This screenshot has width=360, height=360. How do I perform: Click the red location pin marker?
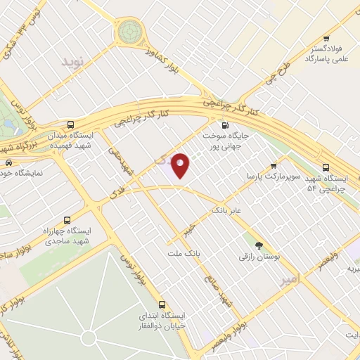[x=181, y=165]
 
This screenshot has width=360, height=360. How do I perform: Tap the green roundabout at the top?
[x=129, y=32]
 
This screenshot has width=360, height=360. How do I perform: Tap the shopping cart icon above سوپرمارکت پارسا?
[x=274, y=165]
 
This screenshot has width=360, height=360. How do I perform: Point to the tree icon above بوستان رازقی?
[x=259, y=245]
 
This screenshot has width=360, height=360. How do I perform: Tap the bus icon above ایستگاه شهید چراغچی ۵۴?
[x=326, y=167]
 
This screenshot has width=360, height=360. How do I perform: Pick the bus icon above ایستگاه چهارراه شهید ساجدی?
[x=67, y=220]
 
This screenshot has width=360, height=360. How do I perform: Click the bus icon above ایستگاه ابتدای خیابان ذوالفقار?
[x=162, y=304]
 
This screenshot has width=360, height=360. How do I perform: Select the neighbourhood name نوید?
[x=72, y=63]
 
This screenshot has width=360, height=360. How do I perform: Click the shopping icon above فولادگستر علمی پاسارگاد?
[x=326, y=39]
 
